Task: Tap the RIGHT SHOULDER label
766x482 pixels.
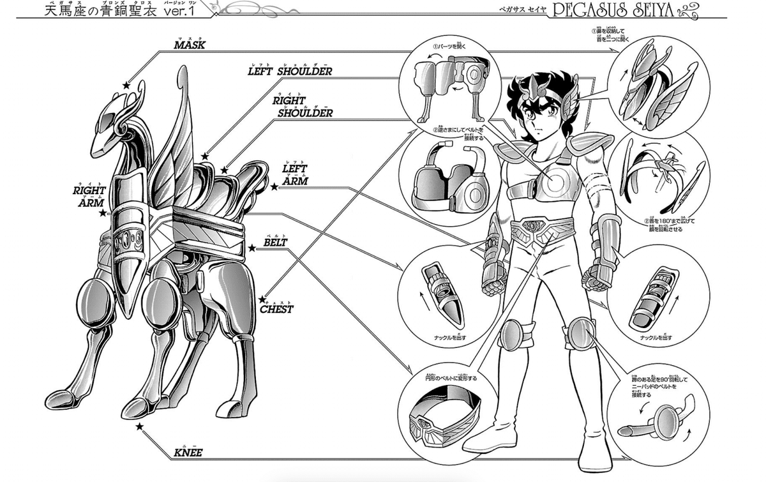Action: pyautogui.click(x=303, y=107)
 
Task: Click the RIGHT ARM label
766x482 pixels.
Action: pyautogui.click(x=88, y=195)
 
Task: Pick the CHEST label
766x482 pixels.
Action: pyautogui.click(x=277, y=309)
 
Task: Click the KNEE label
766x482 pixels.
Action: pyautogui.click(x=188, y=453)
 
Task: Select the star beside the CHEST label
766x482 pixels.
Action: pyautogui.click(x=262, y=299)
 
